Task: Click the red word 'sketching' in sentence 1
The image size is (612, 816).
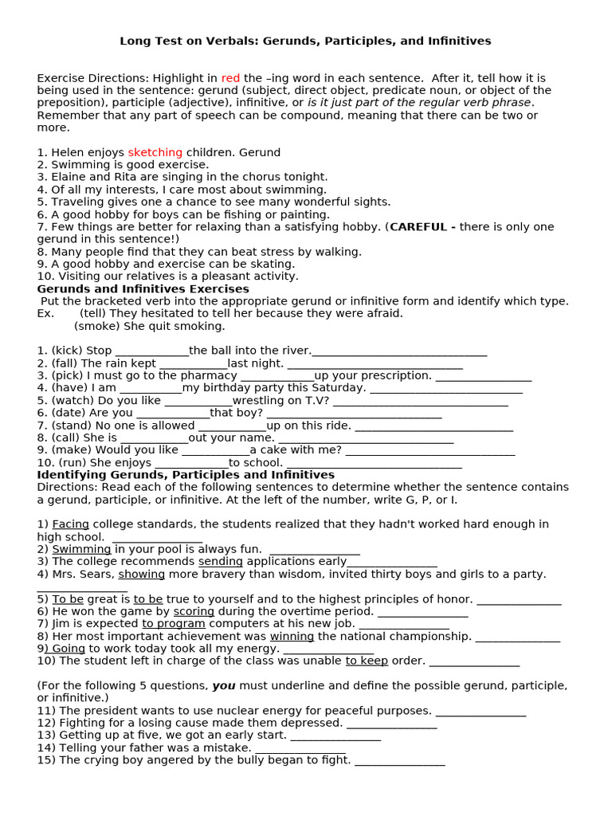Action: (155, 152)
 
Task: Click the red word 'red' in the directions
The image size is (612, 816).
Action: (230, 78)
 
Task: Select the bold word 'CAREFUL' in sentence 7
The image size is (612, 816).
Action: (418, 227)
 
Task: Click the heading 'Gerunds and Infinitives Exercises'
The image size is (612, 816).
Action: (143, 288)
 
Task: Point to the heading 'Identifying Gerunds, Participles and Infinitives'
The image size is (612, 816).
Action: (186, 475)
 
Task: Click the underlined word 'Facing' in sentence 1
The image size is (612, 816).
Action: (71, 524)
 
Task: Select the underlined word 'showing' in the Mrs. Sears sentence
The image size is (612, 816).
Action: (142, 574)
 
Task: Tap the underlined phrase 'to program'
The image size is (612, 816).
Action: (174, 623)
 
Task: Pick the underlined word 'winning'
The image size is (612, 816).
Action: (292, 636)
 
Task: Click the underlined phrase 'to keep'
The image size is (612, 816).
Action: (367, 661)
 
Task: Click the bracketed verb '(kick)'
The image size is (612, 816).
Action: (66, 351)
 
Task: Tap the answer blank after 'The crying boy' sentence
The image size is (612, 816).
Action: (399, 760)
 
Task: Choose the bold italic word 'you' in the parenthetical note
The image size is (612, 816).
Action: (222, 685)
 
